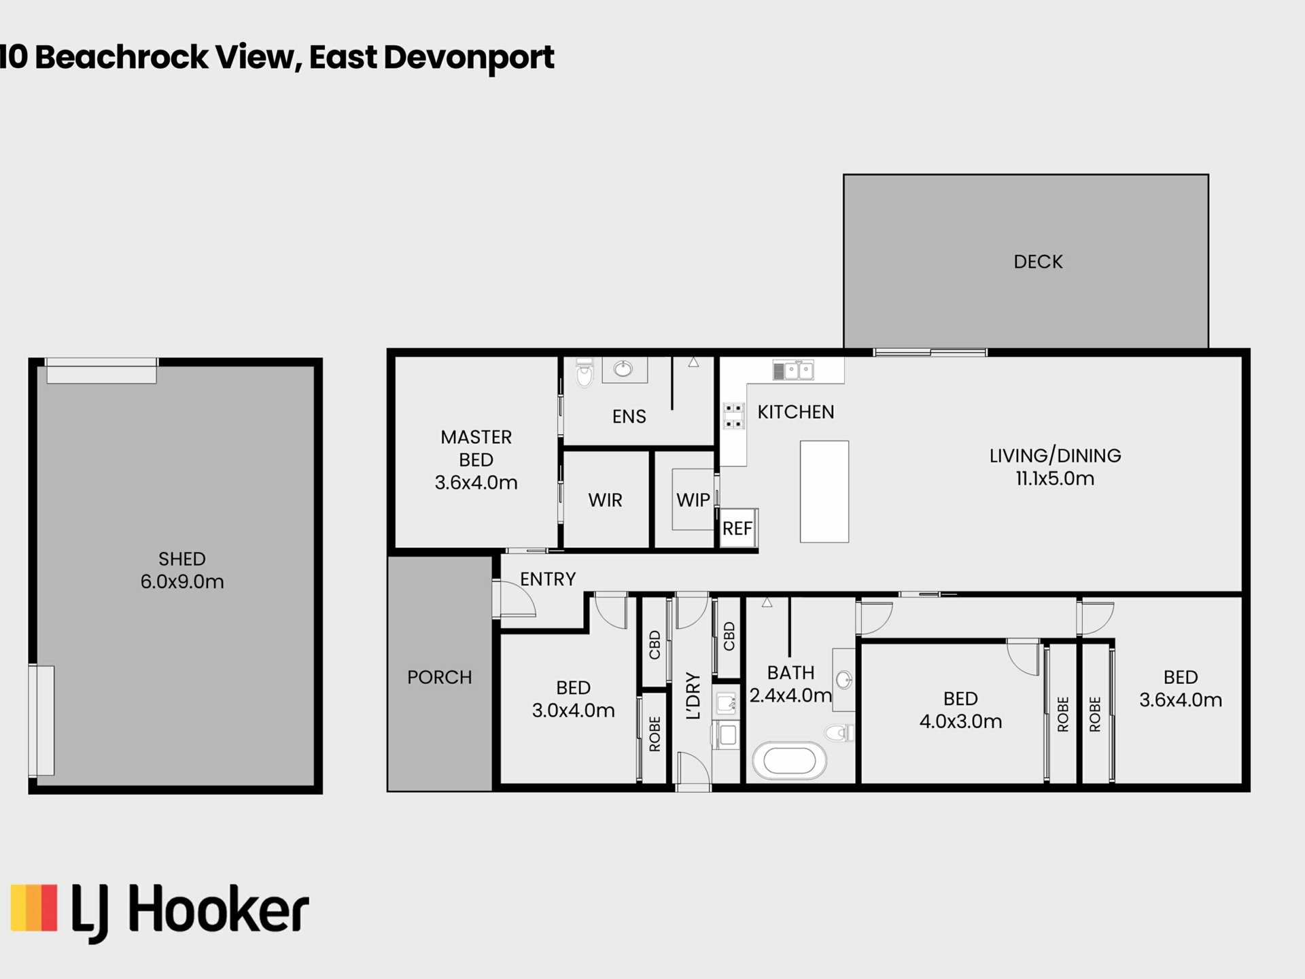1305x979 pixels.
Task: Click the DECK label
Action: (x=1038, y=262)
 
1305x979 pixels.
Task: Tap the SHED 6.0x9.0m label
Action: (x=182, y=570)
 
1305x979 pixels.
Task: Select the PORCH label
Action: (x=439, y=677)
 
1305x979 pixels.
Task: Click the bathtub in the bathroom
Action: (x=788, y=762)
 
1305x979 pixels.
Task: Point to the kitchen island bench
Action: (x=824, y=492)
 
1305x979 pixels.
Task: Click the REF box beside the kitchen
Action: (x=738, y=528)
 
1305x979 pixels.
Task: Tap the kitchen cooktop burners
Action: (x=733, y=415)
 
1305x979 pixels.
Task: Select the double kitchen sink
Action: (x=793, y=370)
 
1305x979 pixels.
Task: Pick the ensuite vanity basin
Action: (x=623, y=369)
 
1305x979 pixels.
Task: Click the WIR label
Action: (x=605, y=500)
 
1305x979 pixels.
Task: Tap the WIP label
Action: (x=693, y=500)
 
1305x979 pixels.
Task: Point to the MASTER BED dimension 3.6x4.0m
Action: (x=476, y=483)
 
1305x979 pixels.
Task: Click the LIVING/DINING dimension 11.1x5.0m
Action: (x=1055, y=479)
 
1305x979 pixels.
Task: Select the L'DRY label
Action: (x=693, y=695)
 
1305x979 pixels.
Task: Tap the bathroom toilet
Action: (x=839, y=732)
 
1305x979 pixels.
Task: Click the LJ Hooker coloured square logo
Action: (x=34, y=907)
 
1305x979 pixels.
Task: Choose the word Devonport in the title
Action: (x=469, y=58)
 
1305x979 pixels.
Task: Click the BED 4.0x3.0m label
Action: (x=960, y=710)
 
